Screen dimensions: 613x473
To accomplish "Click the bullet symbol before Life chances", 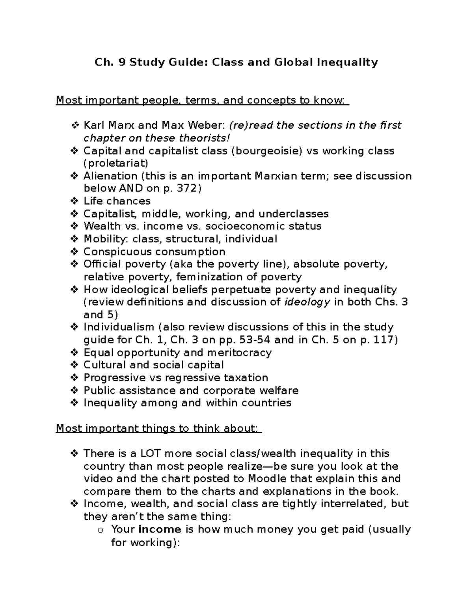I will pyautogui.click(x=74, y=201).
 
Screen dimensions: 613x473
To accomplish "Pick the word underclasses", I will pyautogui.click(x=294, y=214).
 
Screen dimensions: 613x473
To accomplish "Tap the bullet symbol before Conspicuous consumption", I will pyautogui.click(x=74, y=252).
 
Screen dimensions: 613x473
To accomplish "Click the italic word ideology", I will pyautogui.click(x=307, y=302).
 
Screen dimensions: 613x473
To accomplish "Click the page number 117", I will pyautogui.click(x=382, y=340).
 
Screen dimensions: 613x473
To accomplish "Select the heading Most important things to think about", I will pyautogui.click(x=158, y=428).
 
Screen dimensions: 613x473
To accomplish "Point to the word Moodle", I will pyautogui.click(x=268, y=479).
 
